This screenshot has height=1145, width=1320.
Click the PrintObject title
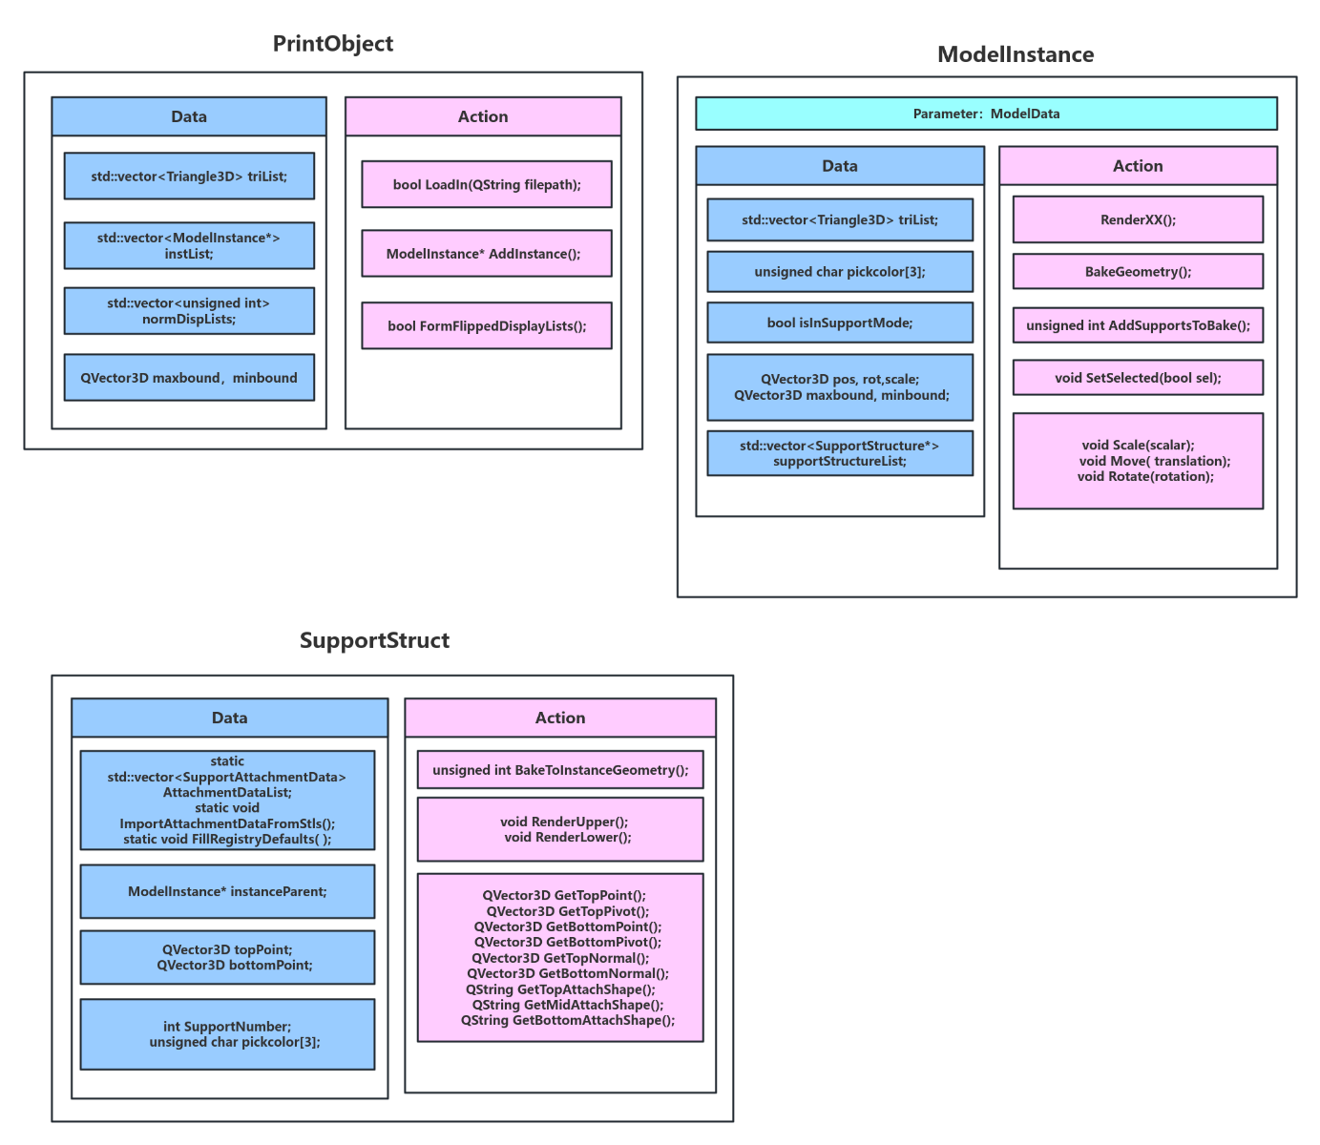(332, 44)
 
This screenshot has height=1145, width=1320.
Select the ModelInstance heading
(1015, 54)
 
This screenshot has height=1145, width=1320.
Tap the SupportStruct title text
(374, 640)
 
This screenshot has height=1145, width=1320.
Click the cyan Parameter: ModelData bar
(986, 114)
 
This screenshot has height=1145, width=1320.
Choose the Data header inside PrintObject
(189, 116)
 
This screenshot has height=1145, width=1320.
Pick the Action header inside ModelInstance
(1138, 166)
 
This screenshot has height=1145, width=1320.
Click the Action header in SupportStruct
(560, 718)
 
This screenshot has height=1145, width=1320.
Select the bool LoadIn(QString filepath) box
(487, 184)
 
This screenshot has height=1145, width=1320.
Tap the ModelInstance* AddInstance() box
(487, 254)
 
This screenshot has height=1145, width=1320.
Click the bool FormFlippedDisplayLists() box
(487, 326)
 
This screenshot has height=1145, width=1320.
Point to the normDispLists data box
(189, 311)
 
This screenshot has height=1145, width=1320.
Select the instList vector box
(189, 245)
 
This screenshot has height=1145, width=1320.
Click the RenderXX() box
(1138, 219)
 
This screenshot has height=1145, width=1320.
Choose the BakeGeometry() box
(1138, 272)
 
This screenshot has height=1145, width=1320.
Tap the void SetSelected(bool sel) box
(1138, 378)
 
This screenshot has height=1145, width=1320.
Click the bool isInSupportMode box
(840, 323)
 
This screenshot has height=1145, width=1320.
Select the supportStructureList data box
(840, 453)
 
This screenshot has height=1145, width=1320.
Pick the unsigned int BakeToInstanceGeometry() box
(560, 770)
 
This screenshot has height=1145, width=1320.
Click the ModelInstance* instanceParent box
(227, 891)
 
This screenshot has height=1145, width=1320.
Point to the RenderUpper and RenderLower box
(560, 829)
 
